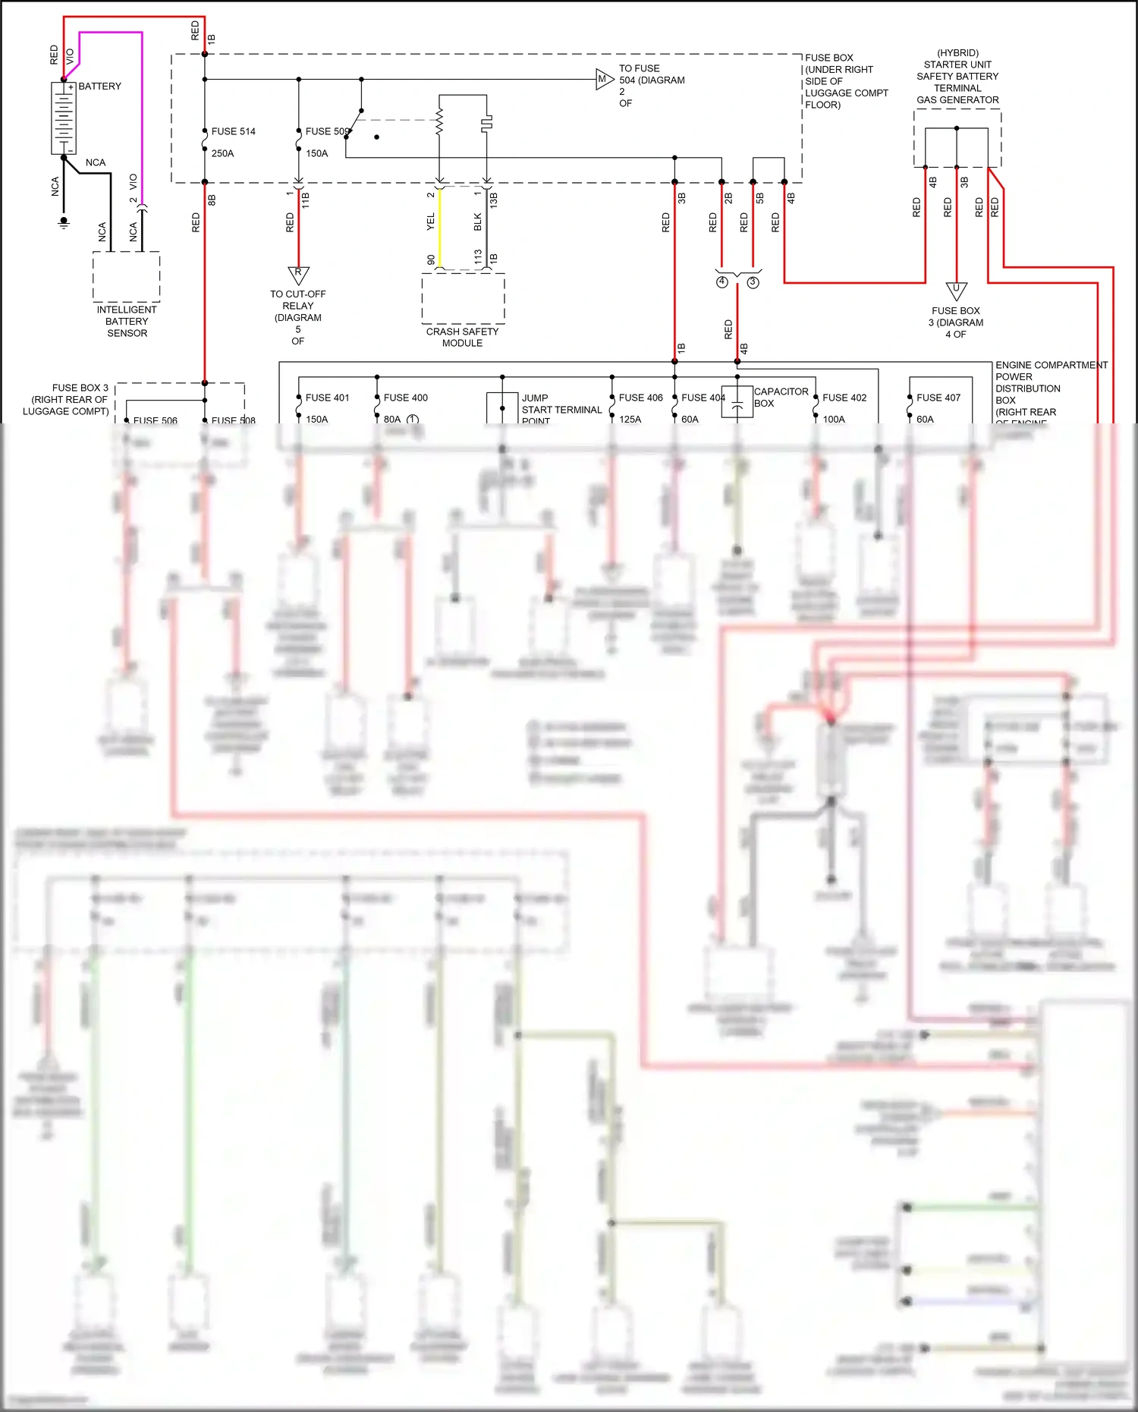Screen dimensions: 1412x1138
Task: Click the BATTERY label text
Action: coord(99,86)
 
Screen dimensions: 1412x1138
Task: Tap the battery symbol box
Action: coord(64,118)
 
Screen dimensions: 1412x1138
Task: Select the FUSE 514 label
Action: coord(233,131)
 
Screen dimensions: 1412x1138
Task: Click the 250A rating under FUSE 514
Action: coord(222,153)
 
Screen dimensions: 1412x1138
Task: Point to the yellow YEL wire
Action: coord(439,228)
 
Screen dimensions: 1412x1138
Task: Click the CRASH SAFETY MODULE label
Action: coord(462,337)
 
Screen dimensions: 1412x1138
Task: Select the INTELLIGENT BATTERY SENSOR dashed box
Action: coord(126,277)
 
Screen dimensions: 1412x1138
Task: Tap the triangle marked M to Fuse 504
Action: coord(603,79)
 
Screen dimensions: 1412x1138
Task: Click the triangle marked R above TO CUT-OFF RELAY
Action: coord(298,274)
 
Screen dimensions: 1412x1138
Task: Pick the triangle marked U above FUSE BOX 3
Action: coord(956,290)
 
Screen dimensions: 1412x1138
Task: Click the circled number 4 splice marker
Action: coord(721,282)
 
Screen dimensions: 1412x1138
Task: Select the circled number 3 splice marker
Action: coord(753,282)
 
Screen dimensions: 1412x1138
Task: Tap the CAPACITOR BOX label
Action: coord(780,397)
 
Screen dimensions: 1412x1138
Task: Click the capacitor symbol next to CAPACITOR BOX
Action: coord(736,401)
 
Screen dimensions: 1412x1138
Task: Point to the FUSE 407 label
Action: coord(938,398)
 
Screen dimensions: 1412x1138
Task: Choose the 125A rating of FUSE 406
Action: coord(630,419)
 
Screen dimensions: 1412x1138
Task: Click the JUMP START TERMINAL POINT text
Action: coord(561,409)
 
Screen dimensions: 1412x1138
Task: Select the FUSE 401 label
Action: coord(327,398)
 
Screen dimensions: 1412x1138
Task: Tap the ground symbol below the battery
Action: coord(64,223)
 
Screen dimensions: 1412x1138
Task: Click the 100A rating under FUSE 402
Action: coord(833,419)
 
